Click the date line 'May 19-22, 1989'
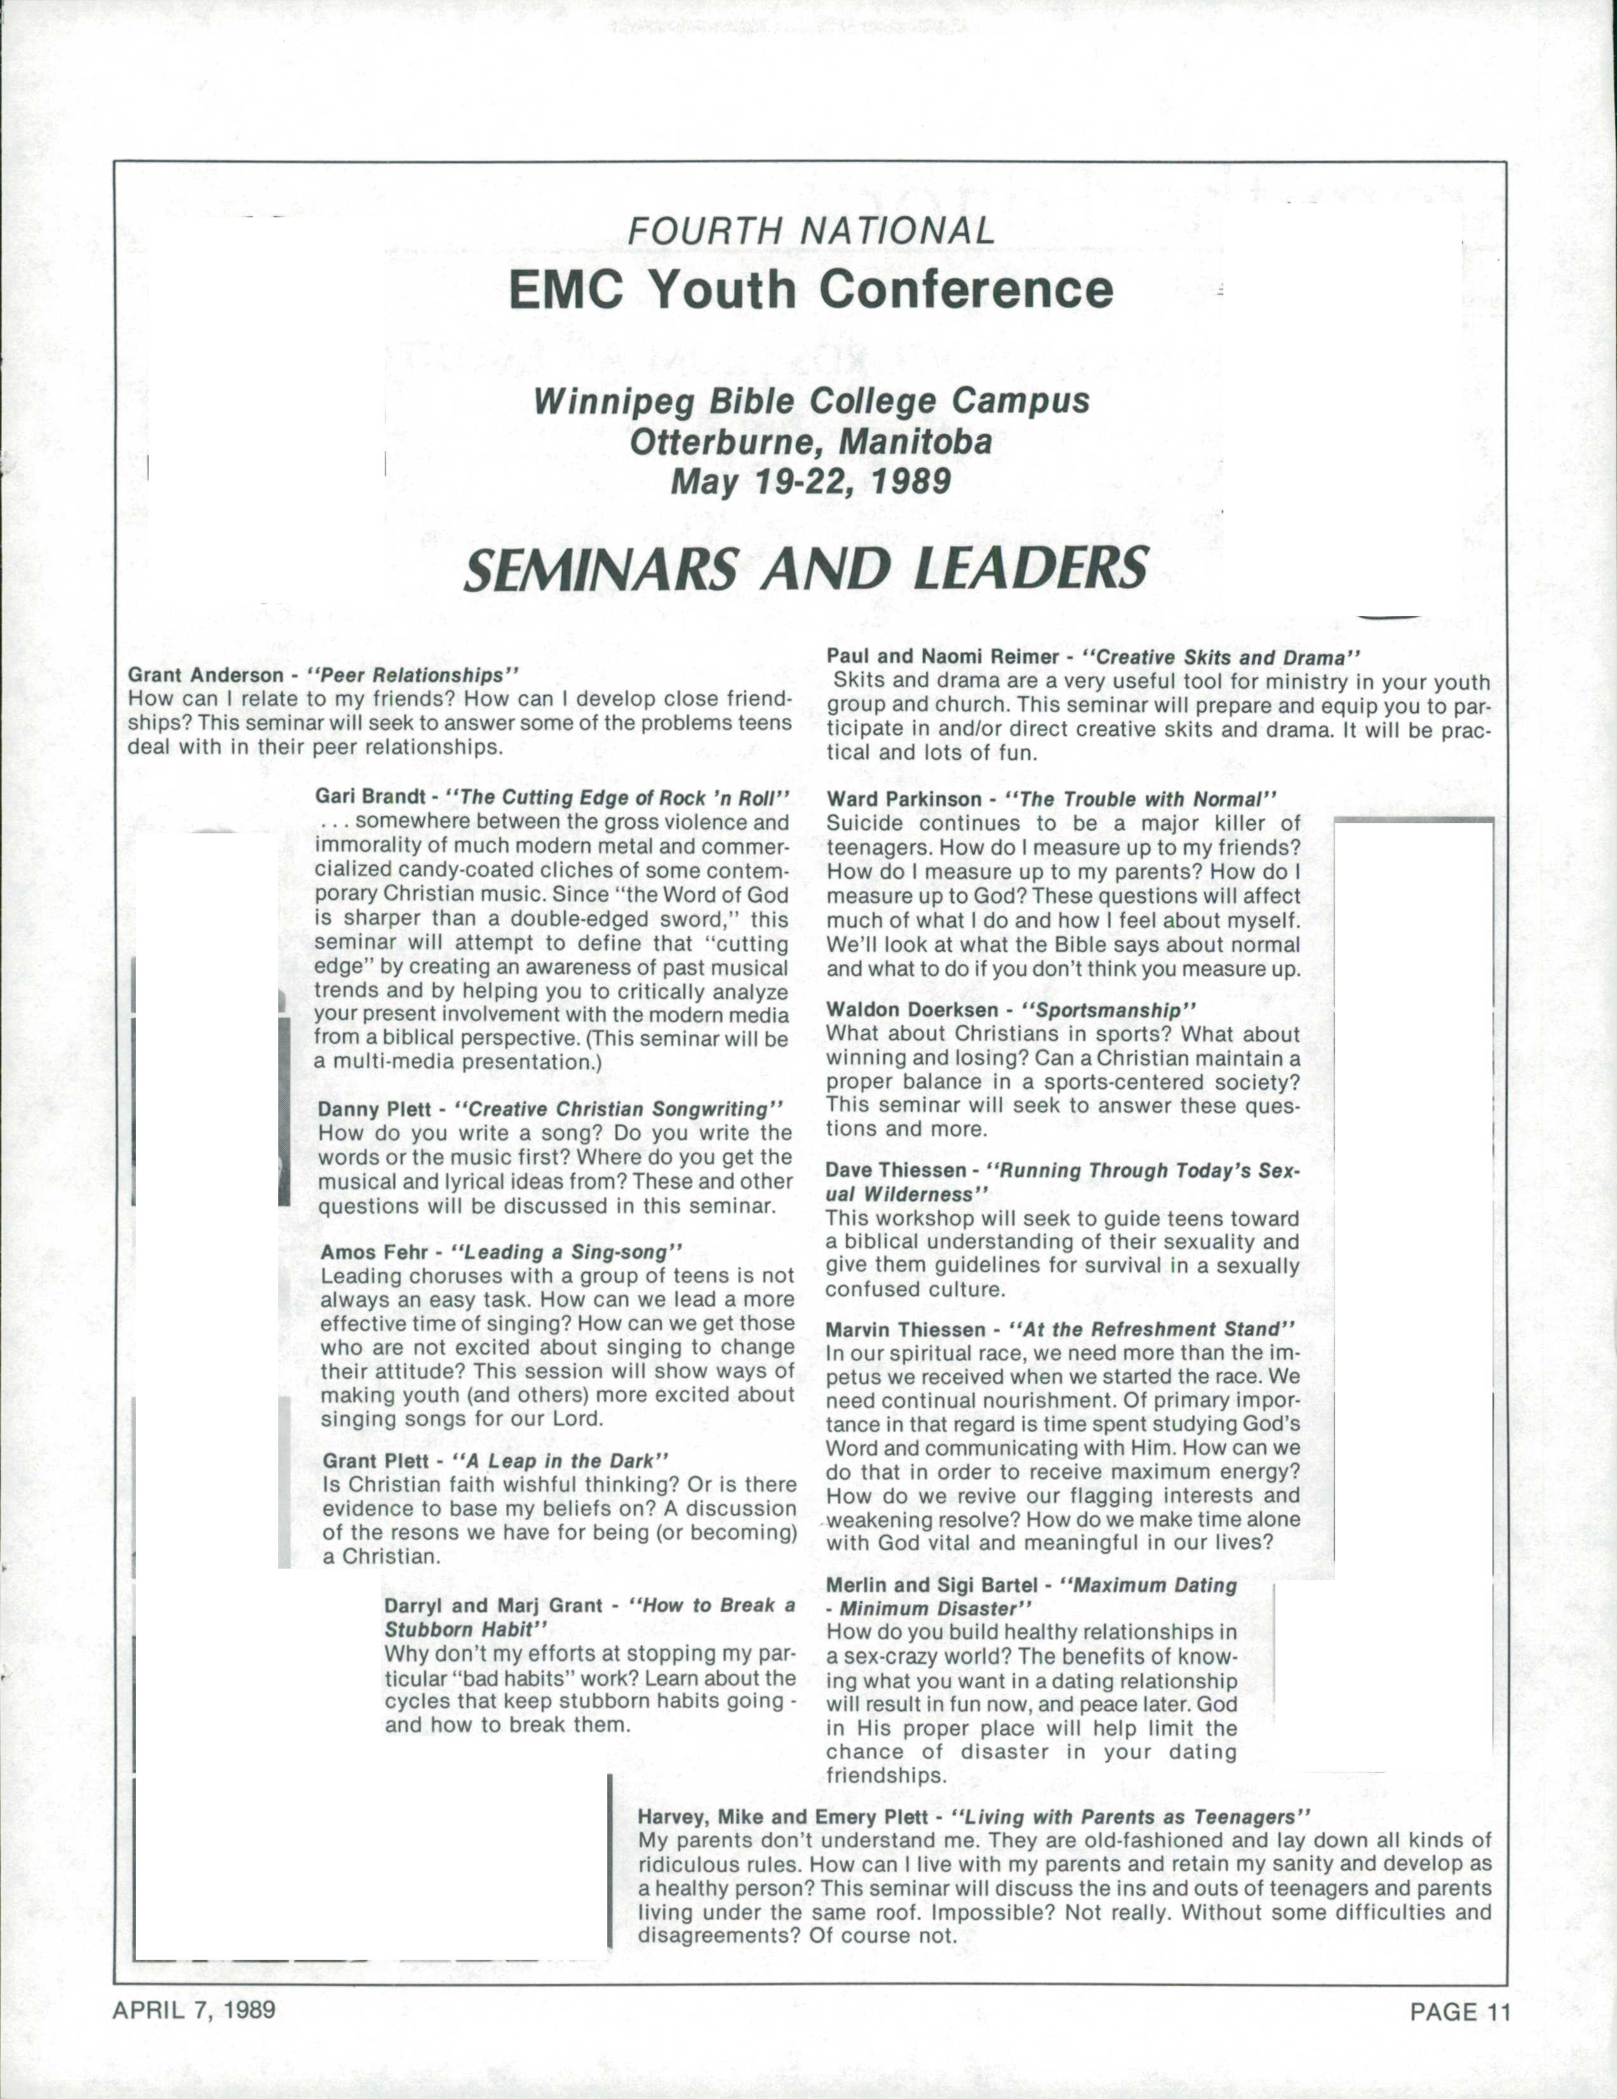click(x=810, y=479)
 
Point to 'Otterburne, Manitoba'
click(x=810, y=441)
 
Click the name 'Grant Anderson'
click(x=206, y=676)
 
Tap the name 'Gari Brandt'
click(x=370, y=798)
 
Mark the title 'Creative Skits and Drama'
click(x=1221, y=659)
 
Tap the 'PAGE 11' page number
click(x=1460, y=2011)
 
